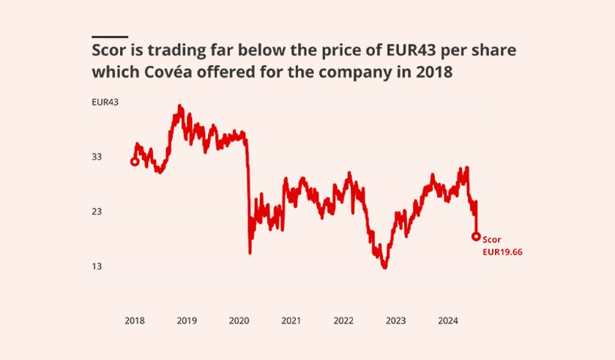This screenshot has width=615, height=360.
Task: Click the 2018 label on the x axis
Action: [x=135, y=320]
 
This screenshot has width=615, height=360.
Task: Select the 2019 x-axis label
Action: [x=187, y=320]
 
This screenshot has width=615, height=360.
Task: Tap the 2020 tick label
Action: [x=239, y=320]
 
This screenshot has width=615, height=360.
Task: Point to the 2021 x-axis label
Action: [x=291, y=320]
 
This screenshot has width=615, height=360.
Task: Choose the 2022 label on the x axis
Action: [x=343, y=320]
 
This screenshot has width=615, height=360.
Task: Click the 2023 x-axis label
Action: [x=395, y=320]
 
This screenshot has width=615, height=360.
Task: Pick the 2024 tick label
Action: [x=447, y=320]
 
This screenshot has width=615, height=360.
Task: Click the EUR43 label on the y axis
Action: [x=105, y=102]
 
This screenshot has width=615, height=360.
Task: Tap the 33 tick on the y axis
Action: [x=97, y=157]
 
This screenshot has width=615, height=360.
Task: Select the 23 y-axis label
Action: [x=97, y=212]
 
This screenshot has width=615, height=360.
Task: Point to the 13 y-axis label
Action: [x=97, y=267]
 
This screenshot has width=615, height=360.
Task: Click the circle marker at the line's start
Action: [x=135, y=162]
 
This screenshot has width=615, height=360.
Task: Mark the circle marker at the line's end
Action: [x=476, y=236]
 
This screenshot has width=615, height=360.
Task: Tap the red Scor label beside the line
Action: [x=491, y=239]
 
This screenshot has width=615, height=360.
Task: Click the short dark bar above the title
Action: [x=110, y=37]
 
